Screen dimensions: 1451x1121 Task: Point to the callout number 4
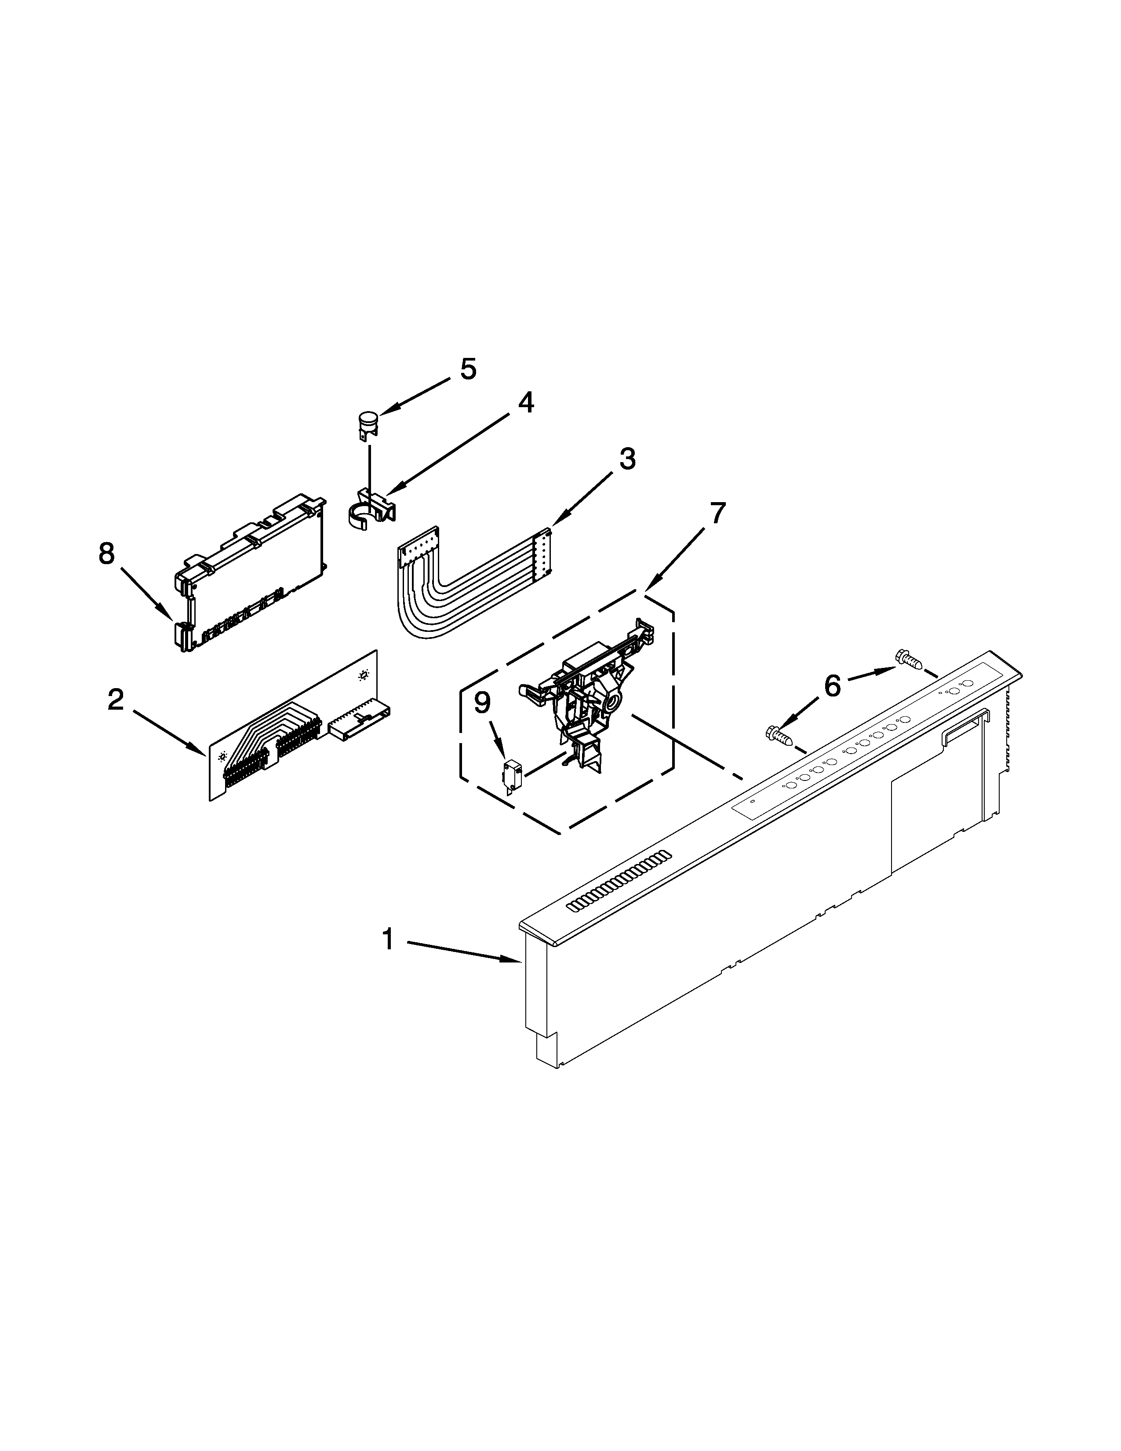(525, 403)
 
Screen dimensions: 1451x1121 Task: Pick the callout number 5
(468, 369)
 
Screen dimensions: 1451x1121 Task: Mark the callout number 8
(106, 554)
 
